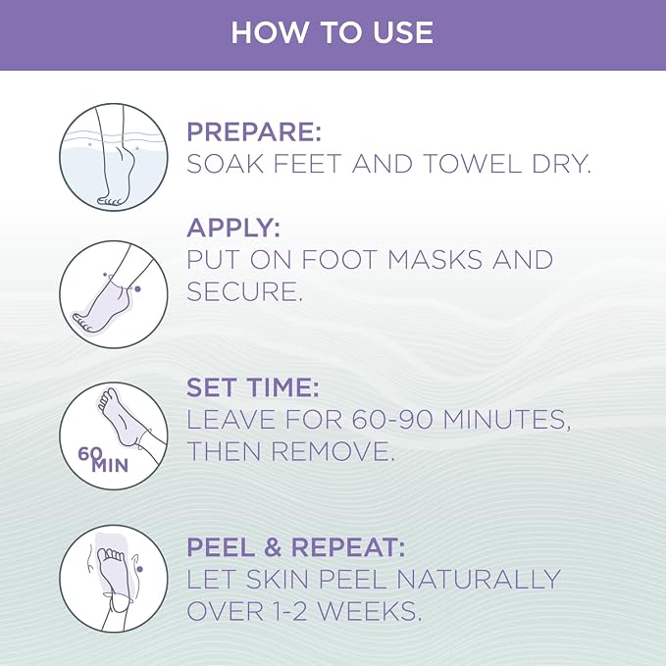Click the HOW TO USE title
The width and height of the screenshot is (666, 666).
tap(333, 32)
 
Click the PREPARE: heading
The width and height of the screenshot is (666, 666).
tap(254, 131)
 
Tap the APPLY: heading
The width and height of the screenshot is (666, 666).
tap(233, 228)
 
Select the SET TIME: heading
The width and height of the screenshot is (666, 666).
tap(253, 387)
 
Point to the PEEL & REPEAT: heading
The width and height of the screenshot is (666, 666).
tap(296, 547)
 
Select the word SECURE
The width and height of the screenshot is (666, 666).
tap(244, 291)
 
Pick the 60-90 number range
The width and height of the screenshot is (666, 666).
tap(392, 420)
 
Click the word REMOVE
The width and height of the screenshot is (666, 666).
tap(333, 451)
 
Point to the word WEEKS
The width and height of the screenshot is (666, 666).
tap(370, 612)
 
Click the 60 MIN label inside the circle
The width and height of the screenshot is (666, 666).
tap(103, 460)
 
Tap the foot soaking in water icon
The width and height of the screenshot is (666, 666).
tap(114, 157)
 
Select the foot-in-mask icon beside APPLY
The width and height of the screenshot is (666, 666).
tap(114, 294)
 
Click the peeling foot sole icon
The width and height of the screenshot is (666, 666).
tap(114, 579)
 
